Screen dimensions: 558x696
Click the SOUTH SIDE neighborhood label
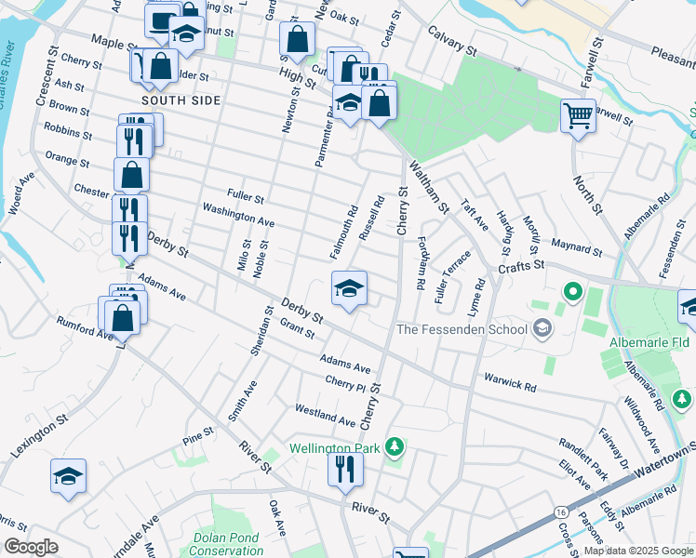click(181, 100)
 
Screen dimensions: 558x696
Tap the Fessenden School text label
click(462, 329)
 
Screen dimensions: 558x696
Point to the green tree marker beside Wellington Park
click(395, 447)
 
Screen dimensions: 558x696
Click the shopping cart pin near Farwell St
click(577, 117)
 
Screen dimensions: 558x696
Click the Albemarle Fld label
click(649, 343)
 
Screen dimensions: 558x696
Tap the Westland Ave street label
click(325, 415)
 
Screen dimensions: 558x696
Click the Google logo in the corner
click(31, 546)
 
